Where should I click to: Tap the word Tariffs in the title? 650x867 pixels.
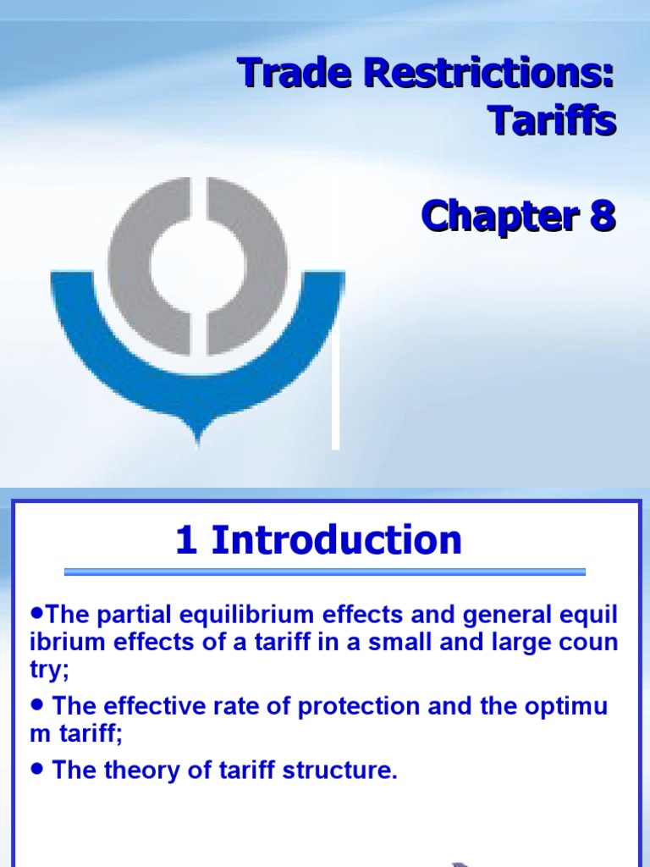pos(553,122)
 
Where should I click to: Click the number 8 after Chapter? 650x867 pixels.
pos(602,218)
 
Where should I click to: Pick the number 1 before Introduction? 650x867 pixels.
pos(186,540)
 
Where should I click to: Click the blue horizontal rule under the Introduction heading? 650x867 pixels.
pos(325,572)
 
